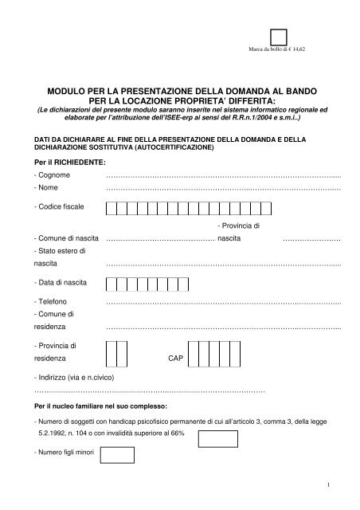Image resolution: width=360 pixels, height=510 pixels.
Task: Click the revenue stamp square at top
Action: click(279, 36)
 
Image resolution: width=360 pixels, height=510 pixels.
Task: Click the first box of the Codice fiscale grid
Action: click(111, 209)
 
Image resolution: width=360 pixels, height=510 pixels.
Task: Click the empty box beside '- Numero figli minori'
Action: click(117, 454)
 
